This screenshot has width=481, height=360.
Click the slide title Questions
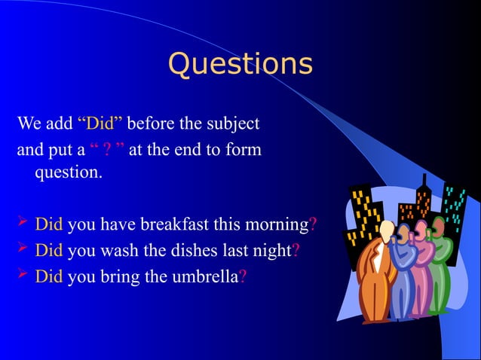point(240,65)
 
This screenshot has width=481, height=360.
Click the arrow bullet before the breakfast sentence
point(23,223)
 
